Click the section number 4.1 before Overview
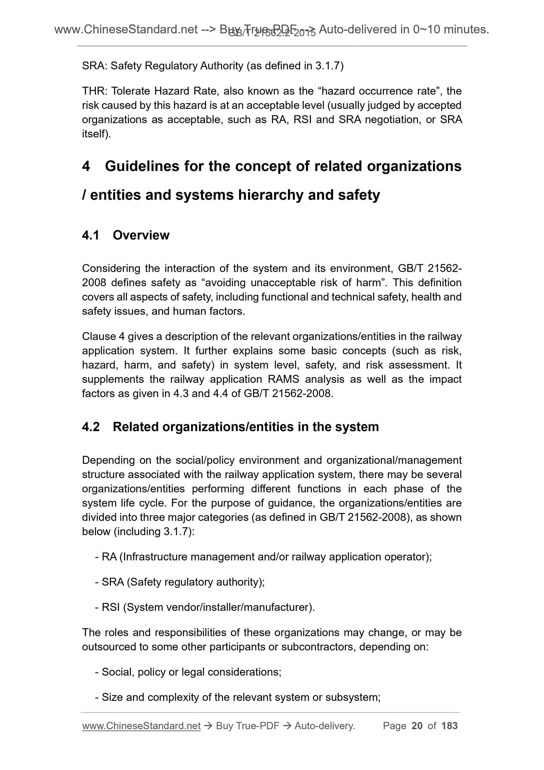(91, 236)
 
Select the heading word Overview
(141, 236)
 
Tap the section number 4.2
(91, 427)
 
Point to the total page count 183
(450, 726)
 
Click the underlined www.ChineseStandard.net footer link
(141, 726)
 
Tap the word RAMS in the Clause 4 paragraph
(284, 379)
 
